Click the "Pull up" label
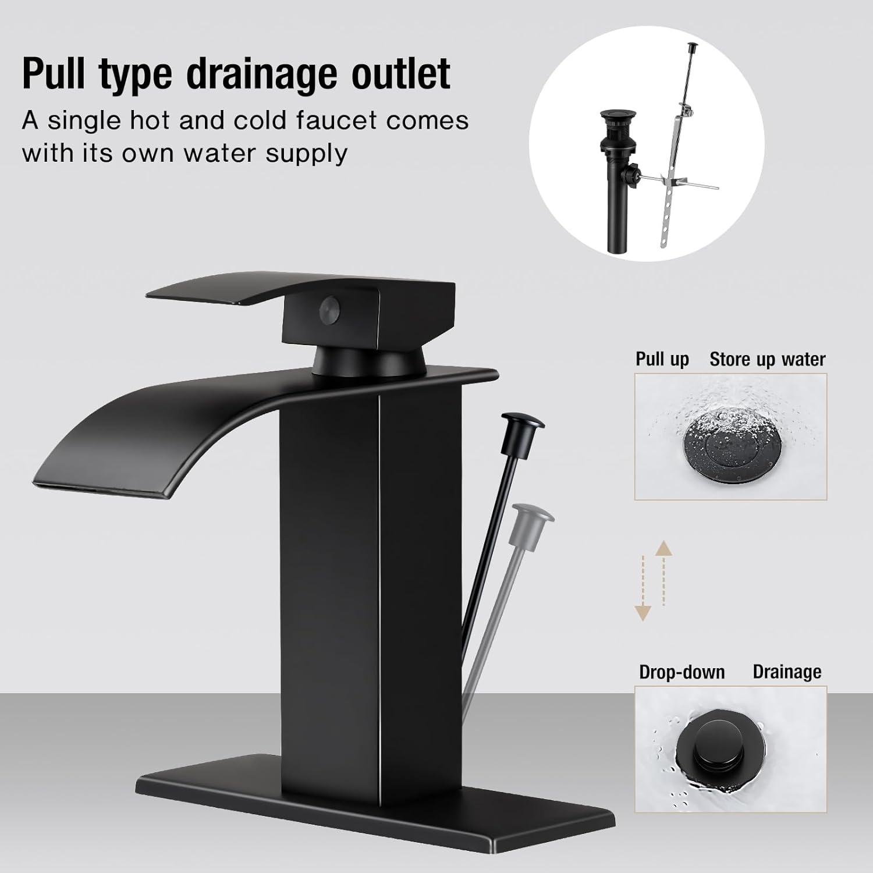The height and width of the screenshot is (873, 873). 662,359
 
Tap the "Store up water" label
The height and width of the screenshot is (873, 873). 767,359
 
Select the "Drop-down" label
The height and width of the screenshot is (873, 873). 682,672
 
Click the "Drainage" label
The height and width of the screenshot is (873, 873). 787,672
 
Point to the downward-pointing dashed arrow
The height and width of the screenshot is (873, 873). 643,588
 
